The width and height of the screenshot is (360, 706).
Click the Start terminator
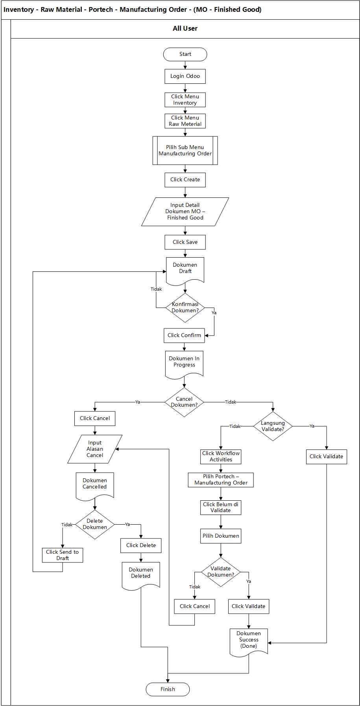pos(185,54)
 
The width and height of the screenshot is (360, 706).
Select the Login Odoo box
pos(185,76)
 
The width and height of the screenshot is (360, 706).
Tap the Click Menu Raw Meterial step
pos(185,121)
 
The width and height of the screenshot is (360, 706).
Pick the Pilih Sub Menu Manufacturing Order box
pos(185,150)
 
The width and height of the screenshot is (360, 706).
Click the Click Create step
pos(185,180)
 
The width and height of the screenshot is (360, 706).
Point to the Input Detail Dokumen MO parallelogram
pos(185,212)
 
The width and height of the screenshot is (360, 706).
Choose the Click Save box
pos(185,242)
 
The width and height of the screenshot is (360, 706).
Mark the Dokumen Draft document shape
pos(185,269)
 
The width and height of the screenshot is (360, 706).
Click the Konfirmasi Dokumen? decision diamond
pos(185,308)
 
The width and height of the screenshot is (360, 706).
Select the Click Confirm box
pos(184,335)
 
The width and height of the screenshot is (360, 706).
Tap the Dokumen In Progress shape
pos(184,363)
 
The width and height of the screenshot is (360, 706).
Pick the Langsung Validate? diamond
pos(273,426)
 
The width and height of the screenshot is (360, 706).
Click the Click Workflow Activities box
pos(221,457)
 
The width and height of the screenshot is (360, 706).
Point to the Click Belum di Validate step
pos(221,507)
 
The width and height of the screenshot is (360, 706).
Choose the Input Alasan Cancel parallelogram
pos(95,449)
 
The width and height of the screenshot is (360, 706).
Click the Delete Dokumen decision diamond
pos(95,524)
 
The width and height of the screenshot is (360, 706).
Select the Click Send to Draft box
pos(63,555)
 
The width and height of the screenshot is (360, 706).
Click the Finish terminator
pos(168,689)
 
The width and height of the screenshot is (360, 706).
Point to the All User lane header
pos(185,29)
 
